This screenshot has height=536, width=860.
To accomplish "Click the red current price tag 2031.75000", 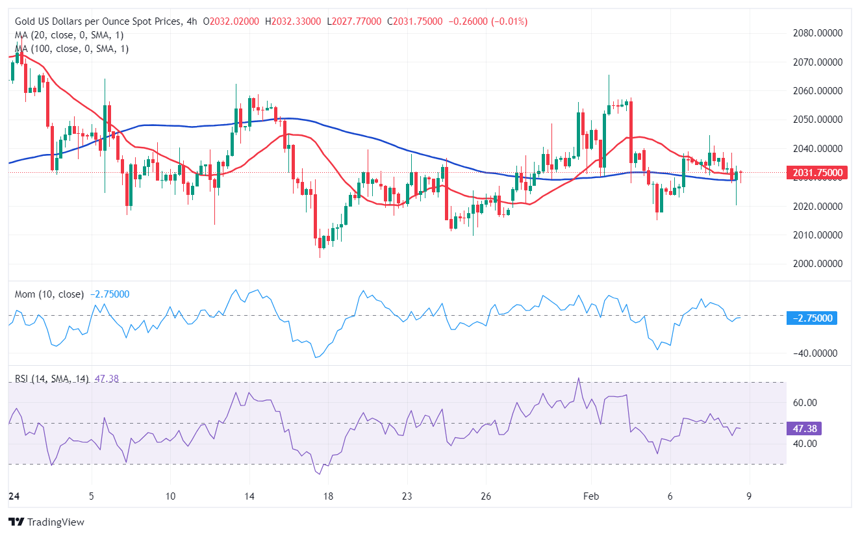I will (x=815, y=173).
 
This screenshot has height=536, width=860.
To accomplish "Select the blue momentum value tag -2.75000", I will (x=811, y=318).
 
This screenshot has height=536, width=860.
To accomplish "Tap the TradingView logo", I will (x=46, y=522).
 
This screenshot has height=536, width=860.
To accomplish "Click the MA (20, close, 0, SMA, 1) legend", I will (x=69, y=35).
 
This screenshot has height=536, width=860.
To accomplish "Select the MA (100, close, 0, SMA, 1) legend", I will (x=71, y=49).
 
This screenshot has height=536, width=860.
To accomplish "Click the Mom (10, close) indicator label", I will (x=49, y=294).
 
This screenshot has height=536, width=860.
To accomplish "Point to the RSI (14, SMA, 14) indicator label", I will (x=52, y=379).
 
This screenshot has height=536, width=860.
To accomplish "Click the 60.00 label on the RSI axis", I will (x=805, y=403).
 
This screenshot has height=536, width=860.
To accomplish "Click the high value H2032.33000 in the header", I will (x=294, y=21).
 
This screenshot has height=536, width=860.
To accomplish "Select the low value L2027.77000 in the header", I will (x=356, y=21).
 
